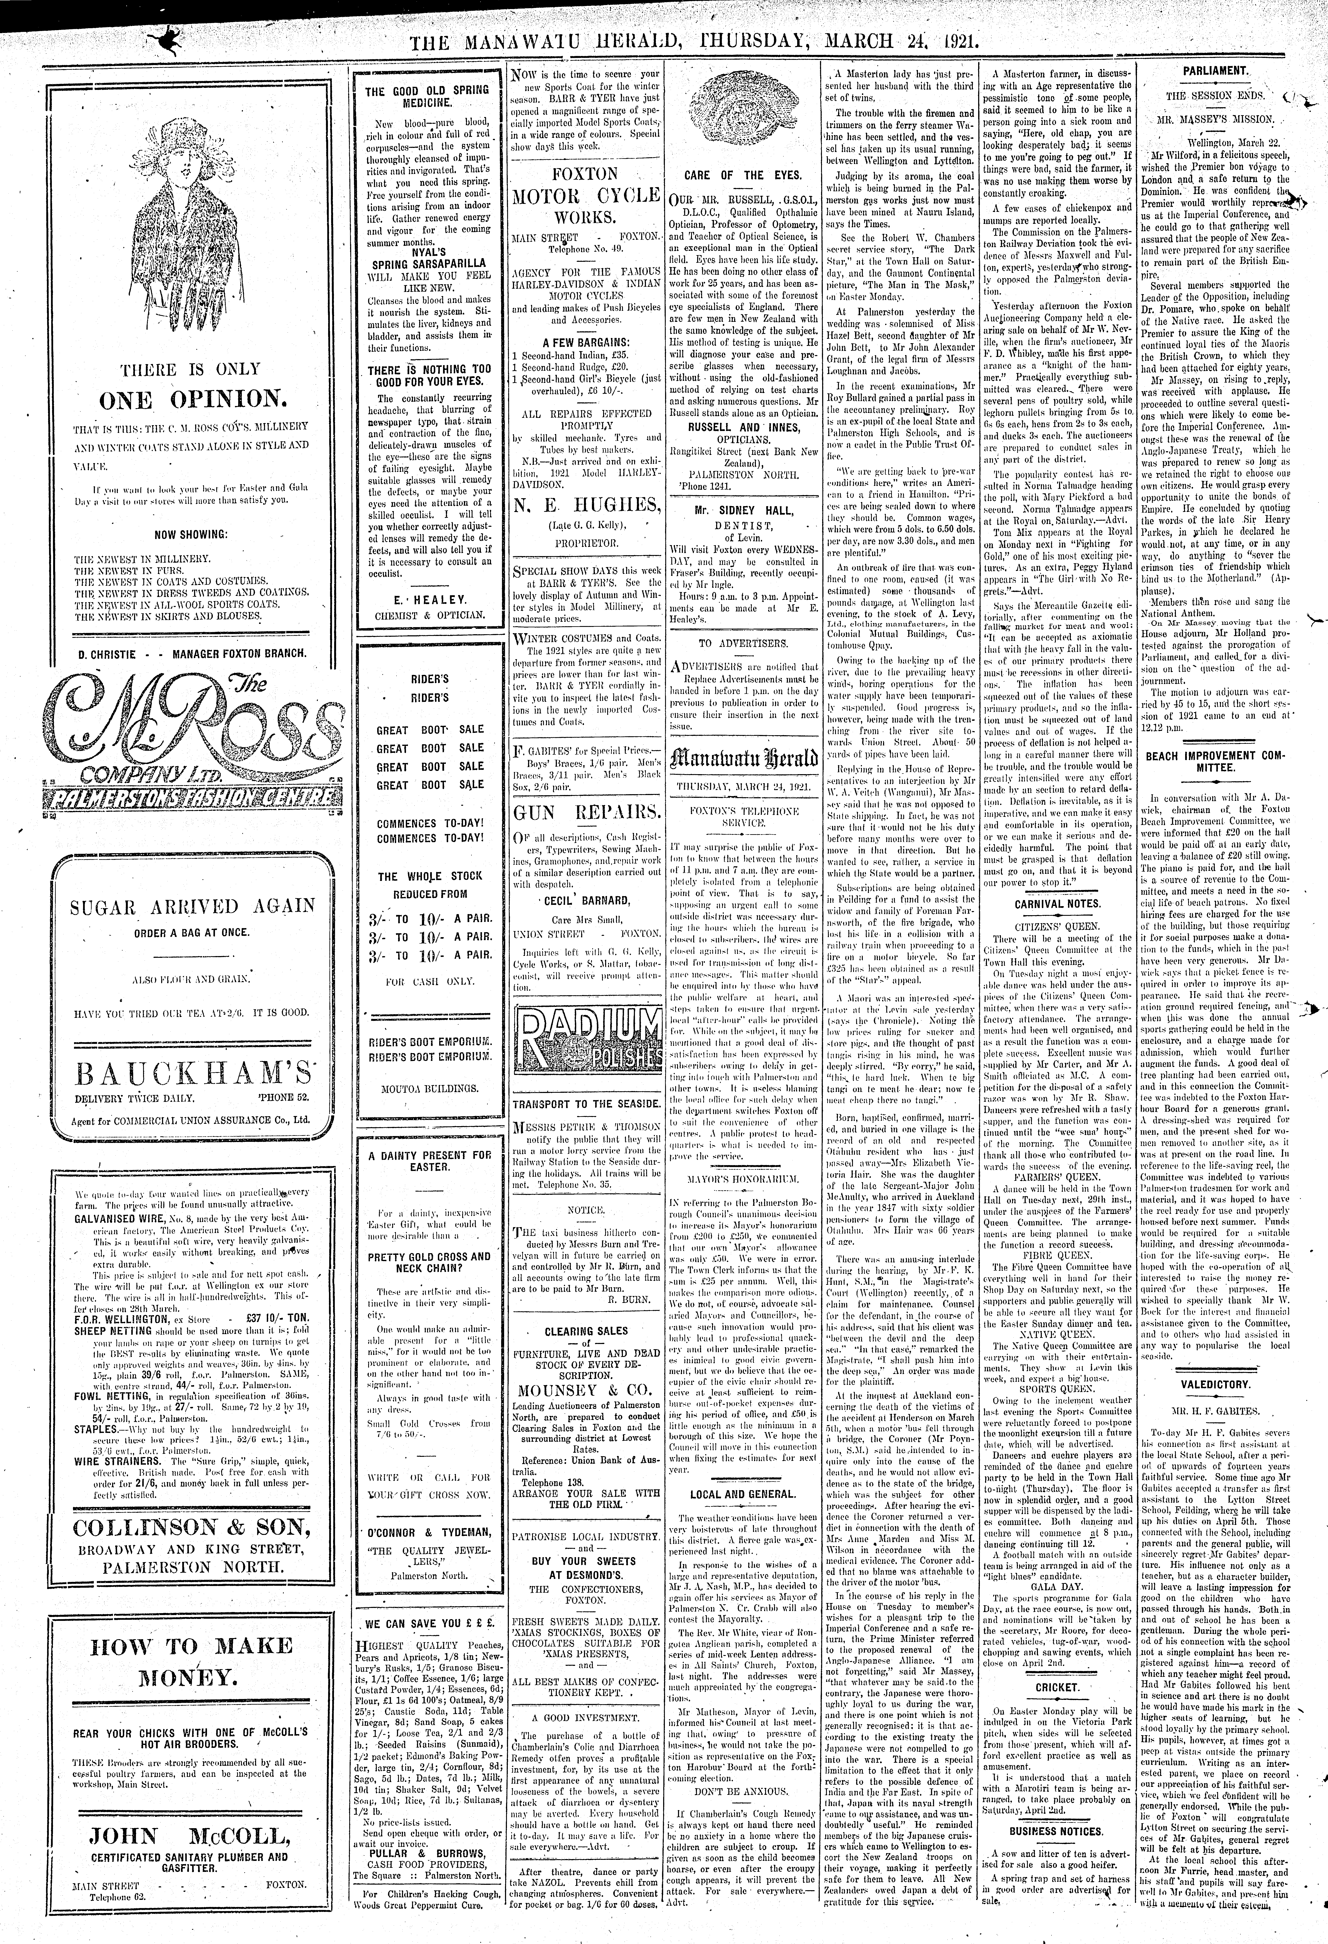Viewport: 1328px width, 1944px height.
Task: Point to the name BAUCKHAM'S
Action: [x=191, y=1071]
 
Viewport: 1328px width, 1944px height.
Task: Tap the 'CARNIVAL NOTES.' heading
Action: [x=1057, y=903]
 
